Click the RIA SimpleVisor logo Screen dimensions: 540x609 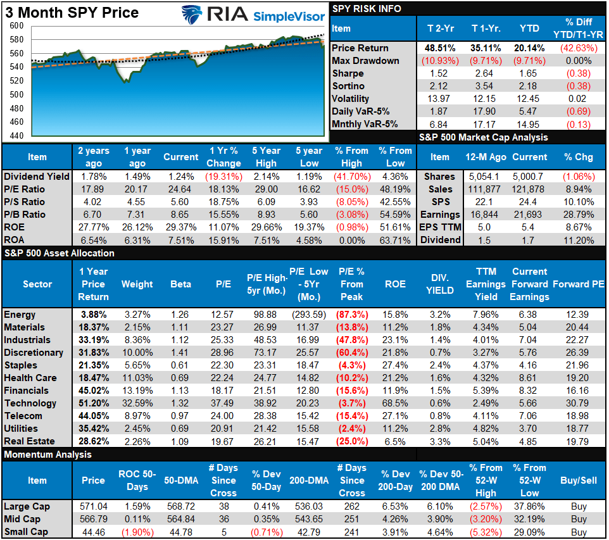pos(253,15)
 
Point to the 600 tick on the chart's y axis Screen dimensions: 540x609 pos(17,26)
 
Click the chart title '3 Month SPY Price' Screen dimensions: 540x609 pos(71,12)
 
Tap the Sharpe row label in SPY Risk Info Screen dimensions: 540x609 pos(349,73)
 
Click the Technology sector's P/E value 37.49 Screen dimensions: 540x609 pos(223,403)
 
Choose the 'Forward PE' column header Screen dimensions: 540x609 pos(578,284)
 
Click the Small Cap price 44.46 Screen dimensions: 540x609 pos(93,532)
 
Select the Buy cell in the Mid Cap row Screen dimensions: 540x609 pos(578,519)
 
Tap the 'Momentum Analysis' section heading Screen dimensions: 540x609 pos(47,455)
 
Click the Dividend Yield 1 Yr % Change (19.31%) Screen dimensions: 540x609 pos(223,177)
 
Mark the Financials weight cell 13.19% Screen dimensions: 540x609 pos(137,391)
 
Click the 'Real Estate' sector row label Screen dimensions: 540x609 pos(29,441)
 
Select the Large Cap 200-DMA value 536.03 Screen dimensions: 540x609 pos(308,506)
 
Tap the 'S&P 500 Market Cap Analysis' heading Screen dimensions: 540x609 pos(484,137)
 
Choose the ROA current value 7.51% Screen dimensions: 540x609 pos(181,240)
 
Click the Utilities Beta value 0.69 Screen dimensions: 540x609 pos(180,429)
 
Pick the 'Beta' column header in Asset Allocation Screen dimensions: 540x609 pos(180,284)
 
